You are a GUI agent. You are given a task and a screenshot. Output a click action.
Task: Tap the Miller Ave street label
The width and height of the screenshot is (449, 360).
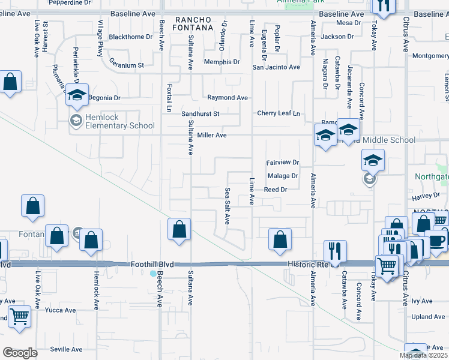[x=212, y=136]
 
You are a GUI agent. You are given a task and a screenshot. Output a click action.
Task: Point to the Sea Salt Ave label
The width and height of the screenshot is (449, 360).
[x=228, y=206]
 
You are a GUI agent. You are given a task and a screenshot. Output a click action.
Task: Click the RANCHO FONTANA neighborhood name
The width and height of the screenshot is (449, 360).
[x=193, y=23]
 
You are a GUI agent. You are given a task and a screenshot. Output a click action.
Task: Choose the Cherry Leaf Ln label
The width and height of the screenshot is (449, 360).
[x=278, y=113]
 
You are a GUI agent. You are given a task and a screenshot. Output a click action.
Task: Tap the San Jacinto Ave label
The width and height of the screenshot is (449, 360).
[x=276, y=67]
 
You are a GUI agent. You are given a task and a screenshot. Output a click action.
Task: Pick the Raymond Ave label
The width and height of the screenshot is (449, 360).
[x=228, y=97]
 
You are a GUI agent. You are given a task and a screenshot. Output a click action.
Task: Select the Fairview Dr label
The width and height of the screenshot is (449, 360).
[x=282, y=163]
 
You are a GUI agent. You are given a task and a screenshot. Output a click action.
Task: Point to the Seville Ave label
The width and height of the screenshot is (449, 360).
[x=66, y=349]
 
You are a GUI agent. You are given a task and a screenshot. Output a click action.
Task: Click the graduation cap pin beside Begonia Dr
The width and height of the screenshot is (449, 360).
[x=77, y=95]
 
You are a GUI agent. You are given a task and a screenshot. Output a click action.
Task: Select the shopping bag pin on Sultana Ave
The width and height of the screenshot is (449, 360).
[x=179, y=229]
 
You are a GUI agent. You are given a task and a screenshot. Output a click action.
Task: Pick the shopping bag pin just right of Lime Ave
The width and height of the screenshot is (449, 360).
[x=280, y=239]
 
